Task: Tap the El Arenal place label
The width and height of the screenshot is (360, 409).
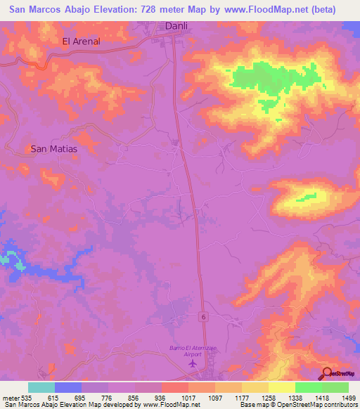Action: pyautogui.click(x=82, y=41)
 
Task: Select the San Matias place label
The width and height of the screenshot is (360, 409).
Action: pyautogui.click(x=53, y=149)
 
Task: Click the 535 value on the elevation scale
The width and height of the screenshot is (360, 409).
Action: pyautogui.click(x=27, y=397)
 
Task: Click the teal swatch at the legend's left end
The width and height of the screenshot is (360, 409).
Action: pyautogui.click(x=41, y=387)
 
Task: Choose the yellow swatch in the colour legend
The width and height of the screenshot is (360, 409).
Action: pyautogui.click(x=281, y=387)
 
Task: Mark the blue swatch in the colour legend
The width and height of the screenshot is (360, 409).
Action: pyautogui.click(x=68, y=387)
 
